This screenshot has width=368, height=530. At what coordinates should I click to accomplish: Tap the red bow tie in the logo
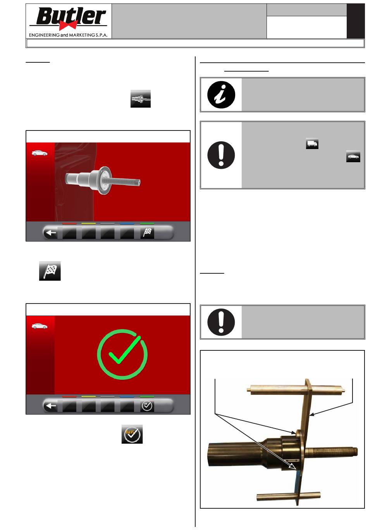point(68,25)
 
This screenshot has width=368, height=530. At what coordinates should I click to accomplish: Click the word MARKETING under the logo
point(82,35)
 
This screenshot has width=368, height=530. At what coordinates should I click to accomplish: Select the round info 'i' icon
point(221,94)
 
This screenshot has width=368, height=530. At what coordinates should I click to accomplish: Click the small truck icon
point(312,143)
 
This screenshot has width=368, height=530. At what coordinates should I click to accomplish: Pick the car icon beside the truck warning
point(353,156)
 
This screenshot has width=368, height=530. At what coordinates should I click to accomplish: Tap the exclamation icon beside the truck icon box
point(221,155)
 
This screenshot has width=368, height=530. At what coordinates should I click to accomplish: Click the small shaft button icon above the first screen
point(141,99)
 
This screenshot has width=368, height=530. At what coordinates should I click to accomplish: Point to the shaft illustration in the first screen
point(103,180)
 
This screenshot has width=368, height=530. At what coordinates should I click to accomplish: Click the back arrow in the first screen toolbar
point(51,233)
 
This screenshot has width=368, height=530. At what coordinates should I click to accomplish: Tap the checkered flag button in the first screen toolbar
point(147,233)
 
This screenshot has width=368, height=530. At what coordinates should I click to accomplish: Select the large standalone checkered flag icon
point(50,271)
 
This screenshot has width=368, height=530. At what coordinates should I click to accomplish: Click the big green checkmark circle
point(122,354)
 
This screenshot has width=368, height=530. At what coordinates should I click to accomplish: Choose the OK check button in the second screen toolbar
point(147,406)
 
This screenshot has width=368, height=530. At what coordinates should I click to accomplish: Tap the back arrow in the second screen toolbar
point(51,406)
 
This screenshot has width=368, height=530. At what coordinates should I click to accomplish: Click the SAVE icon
point(132,434)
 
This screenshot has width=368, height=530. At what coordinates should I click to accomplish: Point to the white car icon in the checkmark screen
point(40,326)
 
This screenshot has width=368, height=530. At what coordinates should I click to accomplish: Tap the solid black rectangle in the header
point(356,21)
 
